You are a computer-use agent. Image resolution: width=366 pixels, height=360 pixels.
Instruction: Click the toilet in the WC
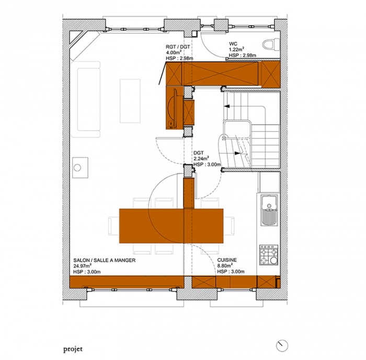pos(271,44)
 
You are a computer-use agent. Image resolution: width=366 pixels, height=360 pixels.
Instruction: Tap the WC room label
pos(233,44)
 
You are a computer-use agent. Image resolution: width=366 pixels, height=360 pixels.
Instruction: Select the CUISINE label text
pos(226,260)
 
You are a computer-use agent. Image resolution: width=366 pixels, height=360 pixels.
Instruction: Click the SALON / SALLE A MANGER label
pos(105,260)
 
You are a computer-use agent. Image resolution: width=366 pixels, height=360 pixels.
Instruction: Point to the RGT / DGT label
pos(178,47)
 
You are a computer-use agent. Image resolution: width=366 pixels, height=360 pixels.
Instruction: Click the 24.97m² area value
pos(82,266)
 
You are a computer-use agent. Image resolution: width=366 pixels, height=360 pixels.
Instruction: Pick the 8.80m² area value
pos(224,266)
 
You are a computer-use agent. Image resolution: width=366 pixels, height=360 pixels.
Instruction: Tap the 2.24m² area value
pos(201,159)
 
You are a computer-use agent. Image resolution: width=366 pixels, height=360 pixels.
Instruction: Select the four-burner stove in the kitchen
pos(269,255)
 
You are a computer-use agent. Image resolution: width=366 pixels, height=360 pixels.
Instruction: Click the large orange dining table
pos(171,226)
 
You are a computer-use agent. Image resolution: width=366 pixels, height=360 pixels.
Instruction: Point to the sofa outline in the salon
pos(86,99)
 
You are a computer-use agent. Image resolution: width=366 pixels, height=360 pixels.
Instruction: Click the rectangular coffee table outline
pos(130,101)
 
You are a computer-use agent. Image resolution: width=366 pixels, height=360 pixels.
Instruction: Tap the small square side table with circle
pos(80,168)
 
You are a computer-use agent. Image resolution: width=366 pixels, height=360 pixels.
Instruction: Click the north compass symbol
pos(282,345)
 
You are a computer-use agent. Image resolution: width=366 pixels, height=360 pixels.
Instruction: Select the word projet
pos(73,349)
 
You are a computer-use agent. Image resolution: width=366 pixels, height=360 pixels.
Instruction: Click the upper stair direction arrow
pos(226,107)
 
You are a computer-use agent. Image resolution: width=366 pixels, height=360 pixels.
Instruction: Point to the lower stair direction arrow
pos(237,153)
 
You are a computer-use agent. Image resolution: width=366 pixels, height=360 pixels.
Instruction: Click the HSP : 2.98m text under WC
pos(242,55)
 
